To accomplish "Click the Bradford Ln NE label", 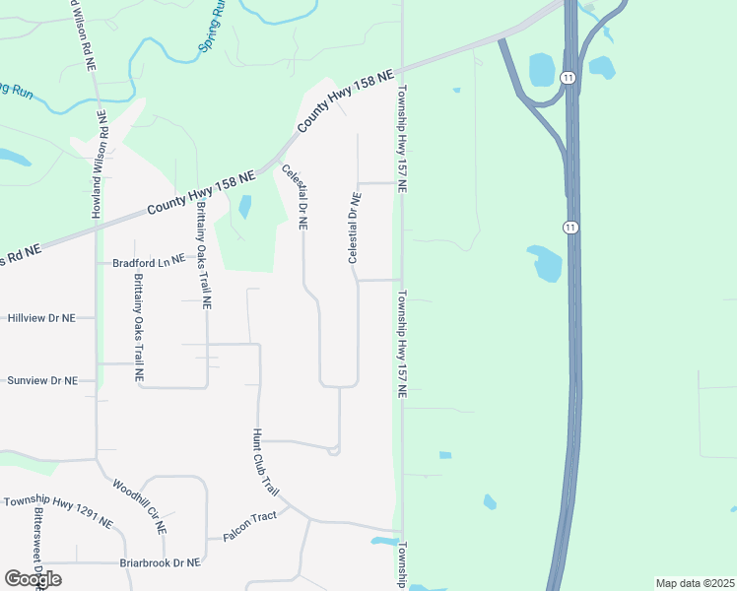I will [148, 262].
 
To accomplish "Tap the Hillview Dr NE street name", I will [41, 318].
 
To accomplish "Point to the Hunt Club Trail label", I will [266, 462].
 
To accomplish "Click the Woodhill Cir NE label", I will [139, 506].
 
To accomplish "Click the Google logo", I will [33, 578].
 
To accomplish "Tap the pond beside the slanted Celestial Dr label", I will [244, 207].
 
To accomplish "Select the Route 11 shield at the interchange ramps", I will [568, 78].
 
